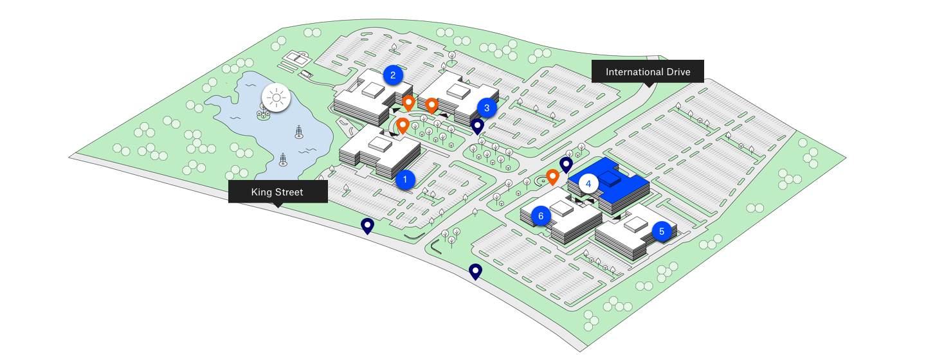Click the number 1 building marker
pyautogui.click(x=405, y=179)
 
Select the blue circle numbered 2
pyautogui.click(x=392, y=75)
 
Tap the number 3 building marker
pyautogui.click(x=487, y=108)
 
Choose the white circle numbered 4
pyautogui.click(x=588, y=184)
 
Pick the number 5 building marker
pyautogui.click(x=662, y=231)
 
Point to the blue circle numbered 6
pyautogui.click(x=541, y=216)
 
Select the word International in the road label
pyautogui.click(x=635, y=72)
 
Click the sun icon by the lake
pyautogui.click(x=277, y=98)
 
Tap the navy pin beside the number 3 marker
pyautogui.click(x=477, y=126)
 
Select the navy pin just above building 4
pyautogui.click(x=566, y=165)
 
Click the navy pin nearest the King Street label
pyautogui.click(x=367, y=226)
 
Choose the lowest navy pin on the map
pyautogui.click(x=475, y=271)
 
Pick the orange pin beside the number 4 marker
pyautogui.click(x=552, y=176)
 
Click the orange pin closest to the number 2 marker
pyautogui.click(x=408, y=102)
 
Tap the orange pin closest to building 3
pyautogui.click(x=431, y=105)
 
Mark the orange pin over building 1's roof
pyautogui.click(x=403, y=125)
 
